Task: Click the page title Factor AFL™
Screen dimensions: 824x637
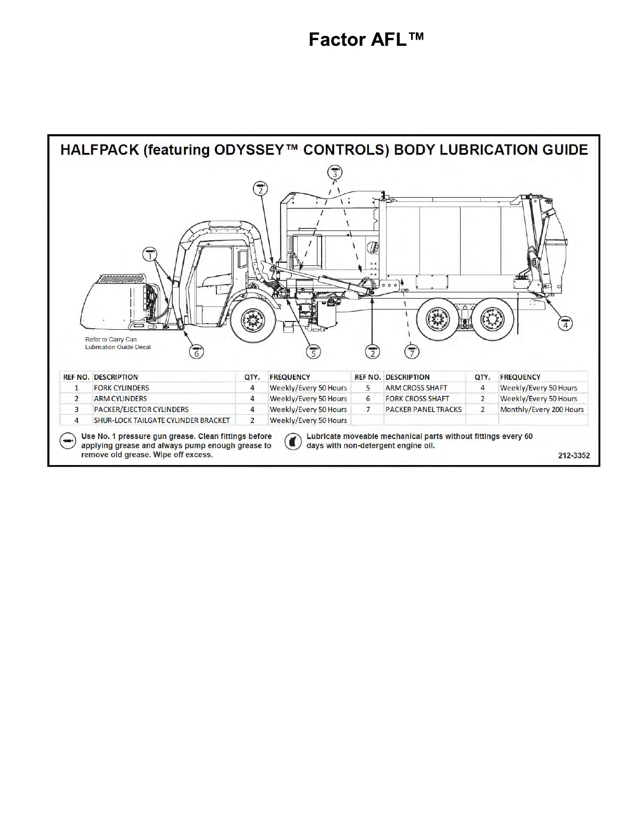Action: point(366,40)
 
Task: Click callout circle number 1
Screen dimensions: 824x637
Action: point(150,254)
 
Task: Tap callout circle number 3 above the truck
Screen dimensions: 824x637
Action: point(335,172)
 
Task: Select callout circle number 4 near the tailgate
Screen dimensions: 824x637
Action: point(565,324)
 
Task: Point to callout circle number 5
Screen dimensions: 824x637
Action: point(313,352)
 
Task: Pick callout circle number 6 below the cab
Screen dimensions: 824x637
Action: point(196,352)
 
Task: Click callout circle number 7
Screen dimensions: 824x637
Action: point(412,352)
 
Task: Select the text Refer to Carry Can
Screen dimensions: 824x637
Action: point(111,339)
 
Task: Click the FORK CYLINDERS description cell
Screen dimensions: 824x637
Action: point(121,388)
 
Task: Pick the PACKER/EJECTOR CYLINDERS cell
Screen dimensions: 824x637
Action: point(141,409)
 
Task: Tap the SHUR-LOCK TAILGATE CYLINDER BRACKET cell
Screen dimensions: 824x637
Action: point(161,420)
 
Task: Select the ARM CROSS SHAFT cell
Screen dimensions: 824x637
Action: point(416,388)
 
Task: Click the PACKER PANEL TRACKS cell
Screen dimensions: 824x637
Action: point(423,409)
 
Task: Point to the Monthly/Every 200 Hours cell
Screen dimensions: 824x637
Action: point(542,409)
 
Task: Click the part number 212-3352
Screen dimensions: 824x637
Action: point(574,456)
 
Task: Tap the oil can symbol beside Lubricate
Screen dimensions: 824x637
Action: point(293,442)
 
